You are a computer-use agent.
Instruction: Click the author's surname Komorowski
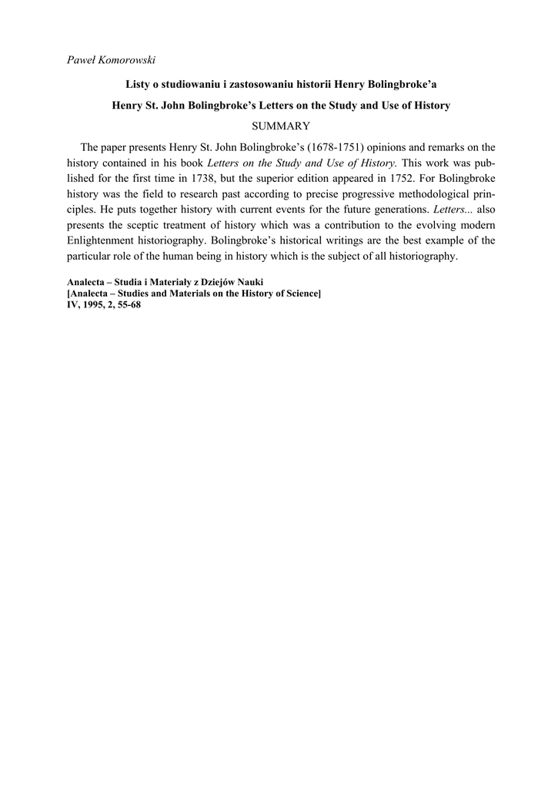[x=125, y=61]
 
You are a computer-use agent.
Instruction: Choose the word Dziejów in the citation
[x=202, y=283]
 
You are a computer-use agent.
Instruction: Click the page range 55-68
[x=128, y=304]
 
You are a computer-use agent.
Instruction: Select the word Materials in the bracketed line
[x=195, y=294]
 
